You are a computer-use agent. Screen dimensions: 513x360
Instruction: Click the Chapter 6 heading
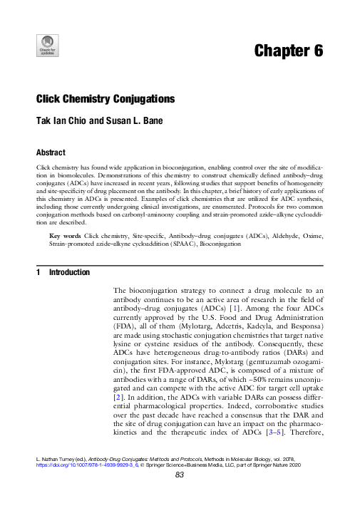pyautogui.click(x=288, y=51)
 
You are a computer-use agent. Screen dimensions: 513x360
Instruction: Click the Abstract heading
pyautogui.click(x=51, y=152)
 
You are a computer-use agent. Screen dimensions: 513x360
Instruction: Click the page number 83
pyautogui.click(x=180, y=497)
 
